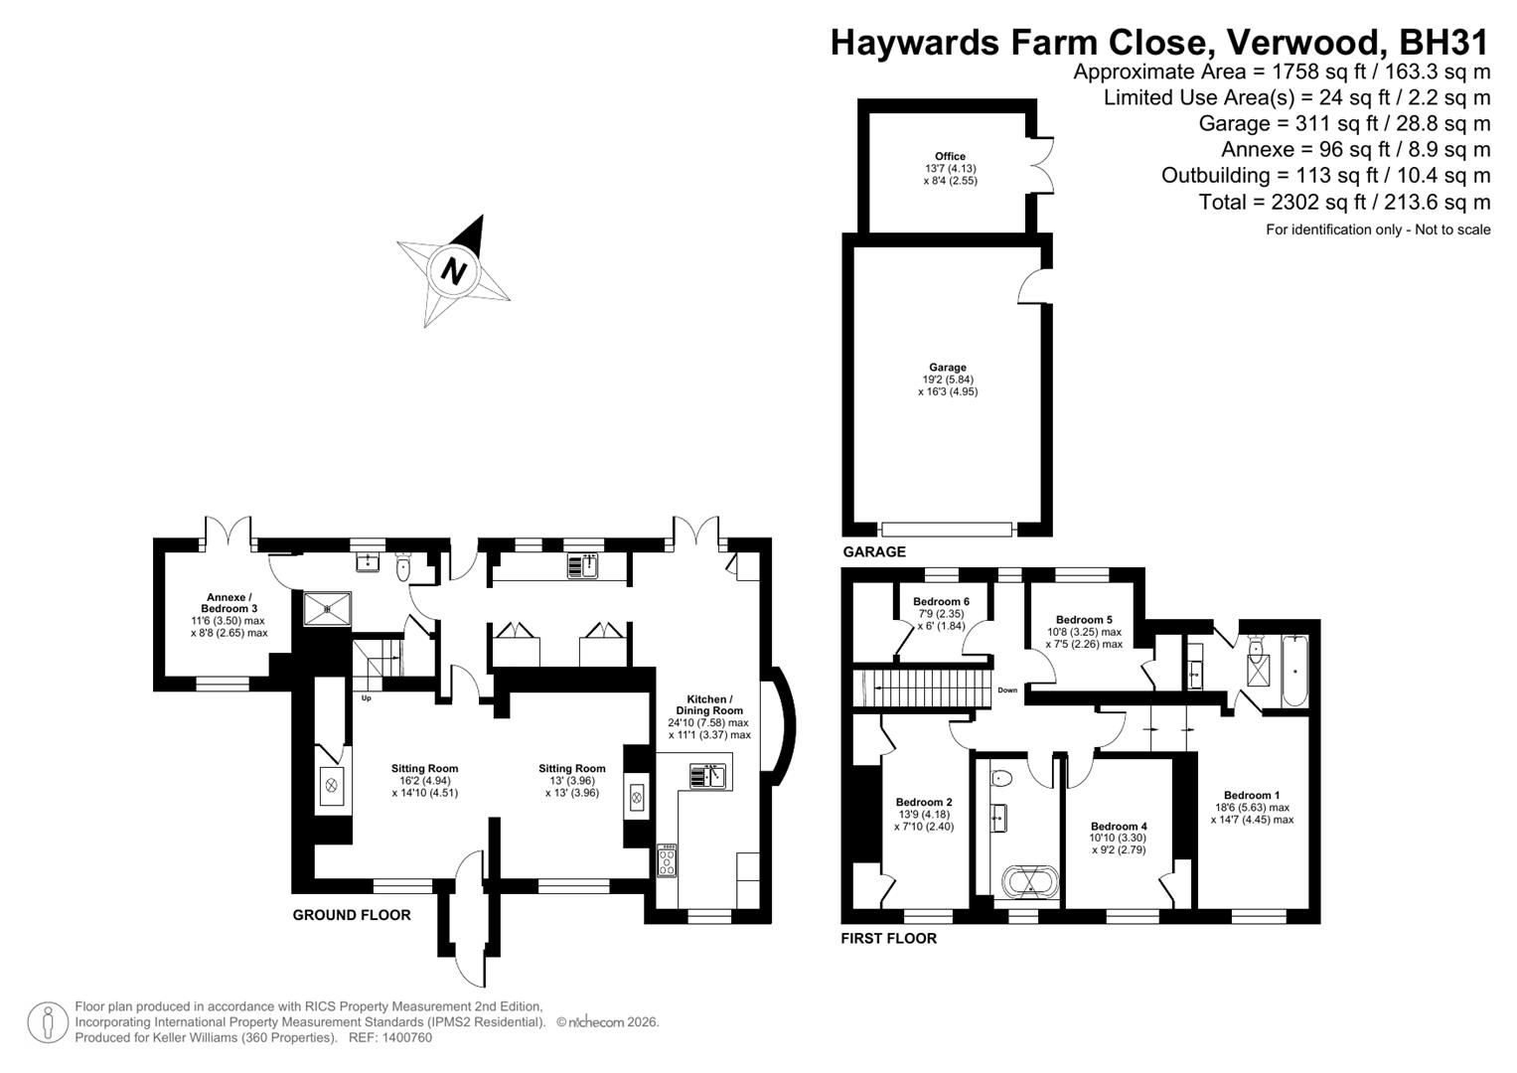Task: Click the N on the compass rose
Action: [x=454, y=270]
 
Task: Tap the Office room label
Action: [x=950, y=156]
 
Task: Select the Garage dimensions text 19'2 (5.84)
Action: [x=948, y=380]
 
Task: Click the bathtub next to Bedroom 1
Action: [x=1294, y=673]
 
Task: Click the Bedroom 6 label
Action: [x=941, y=601]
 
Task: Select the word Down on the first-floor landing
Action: [x=1007, y=690]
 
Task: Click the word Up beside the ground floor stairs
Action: [x=366, y=697]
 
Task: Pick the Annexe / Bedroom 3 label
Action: [x=228, y=602]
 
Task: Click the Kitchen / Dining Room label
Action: [x=709, y=704]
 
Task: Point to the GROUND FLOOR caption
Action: [x=351, y=915]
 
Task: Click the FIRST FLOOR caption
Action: [x=888, y=938]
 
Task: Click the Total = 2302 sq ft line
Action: [x=1344, y=202]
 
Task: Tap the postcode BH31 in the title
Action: [x=1443, y=43]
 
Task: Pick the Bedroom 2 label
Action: [x=924, y=802]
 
